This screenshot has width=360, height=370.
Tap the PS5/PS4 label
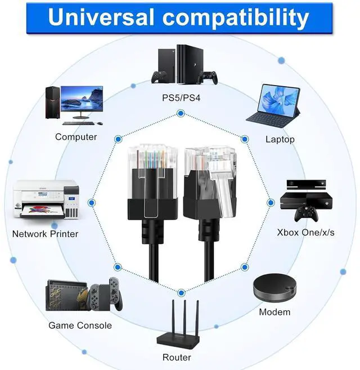181,98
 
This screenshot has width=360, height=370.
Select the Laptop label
280,139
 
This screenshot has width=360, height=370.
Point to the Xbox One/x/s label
305,233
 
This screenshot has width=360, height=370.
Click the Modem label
274,312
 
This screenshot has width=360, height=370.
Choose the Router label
177,357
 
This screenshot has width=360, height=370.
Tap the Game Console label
80,325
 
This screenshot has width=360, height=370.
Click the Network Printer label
45,234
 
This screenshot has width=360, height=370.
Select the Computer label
76,137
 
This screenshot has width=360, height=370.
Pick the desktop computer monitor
82,101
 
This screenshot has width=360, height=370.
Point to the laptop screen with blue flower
280,103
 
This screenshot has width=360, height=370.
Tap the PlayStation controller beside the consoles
210,77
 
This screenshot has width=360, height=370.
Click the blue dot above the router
181,292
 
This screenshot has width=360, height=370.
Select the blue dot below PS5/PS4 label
181,114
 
